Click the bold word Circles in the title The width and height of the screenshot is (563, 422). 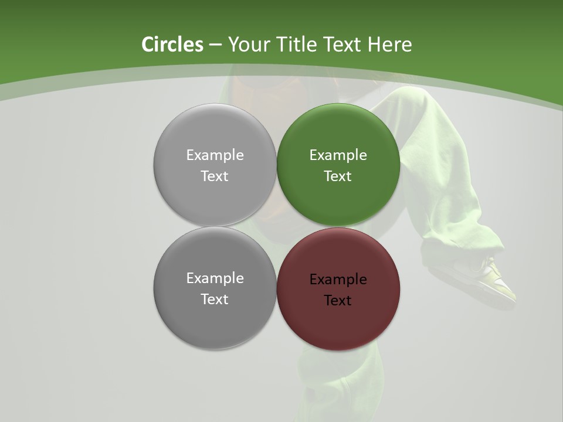coord(172,45)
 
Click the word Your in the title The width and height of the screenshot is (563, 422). coord(248,45)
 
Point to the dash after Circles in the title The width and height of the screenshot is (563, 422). coord(215,45)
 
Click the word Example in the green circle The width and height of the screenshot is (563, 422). coord(338,155)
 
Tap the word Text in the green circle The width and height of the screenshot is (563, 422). coord(338,176)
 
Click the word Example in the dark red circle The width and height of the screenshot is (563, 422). coord(338,280)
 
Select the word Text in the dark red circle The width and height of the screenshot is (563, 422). coord(338,301)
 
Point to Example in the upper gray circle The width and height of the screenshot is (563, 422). coord(215,155)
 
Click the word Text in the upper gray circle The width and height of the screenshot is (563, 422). coord(215,176)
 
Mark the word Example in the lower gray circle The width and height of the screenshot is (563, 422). coord(215,278)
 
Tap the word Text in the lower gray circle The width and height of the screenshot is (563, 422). coord(215,300)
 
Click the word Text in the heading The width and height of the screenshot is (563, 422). coord(343,45)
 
